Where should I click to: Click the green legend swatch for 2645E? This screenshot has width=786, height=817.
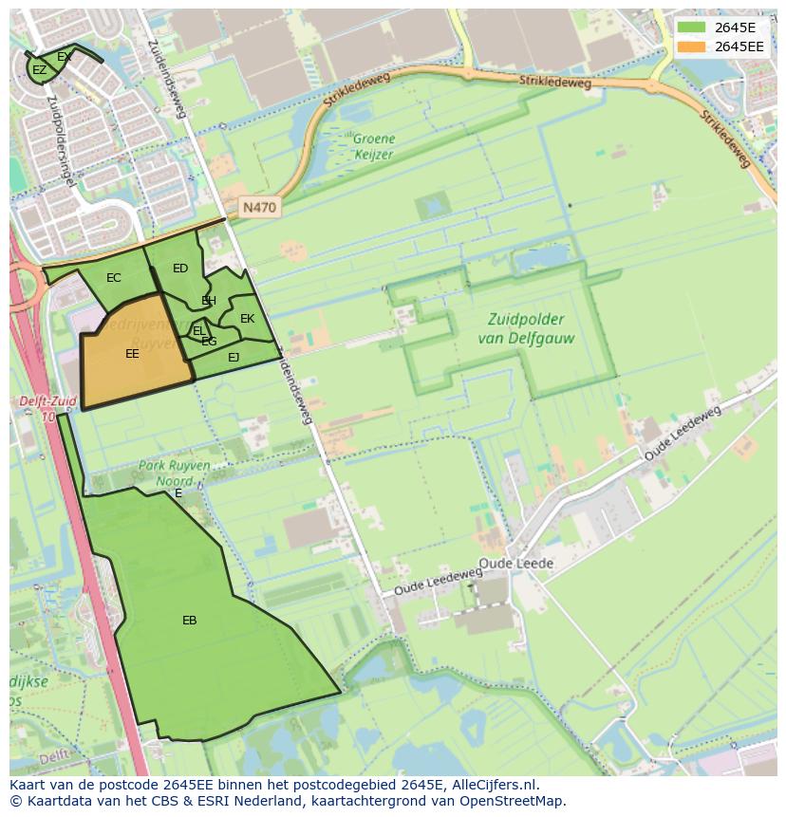pos(691,28)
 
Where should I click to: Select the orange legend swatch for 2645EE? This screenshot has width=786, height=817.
pos(691,46)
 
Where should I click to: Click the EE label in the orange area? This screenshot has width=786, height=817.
pos(132,353)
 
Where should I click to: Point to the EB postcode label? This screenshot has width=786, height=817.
pos(190,620)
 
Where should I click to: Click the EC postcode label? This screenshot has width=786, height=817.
pos(114,278)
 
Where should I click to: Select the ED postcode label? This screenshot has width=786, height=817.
pos(180,269)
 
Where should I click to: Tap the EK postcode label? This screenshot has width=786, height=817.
pos(247,319)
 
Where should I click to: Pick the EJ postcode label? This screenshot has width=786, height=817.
pos(234,357)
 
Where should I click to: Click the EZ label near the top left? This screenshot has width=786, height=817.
pos(39,70)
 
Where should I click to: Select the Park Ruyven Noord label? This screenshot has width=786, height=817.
pos(175,473)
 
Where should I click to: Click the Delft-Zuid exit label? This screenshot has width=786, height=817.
pos(47,408)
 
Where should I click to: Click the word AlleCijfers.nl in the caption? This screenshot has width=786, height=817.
pos(495,785)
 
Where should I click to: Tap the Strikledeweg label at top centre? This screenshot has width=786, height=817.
pos(555,83)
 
